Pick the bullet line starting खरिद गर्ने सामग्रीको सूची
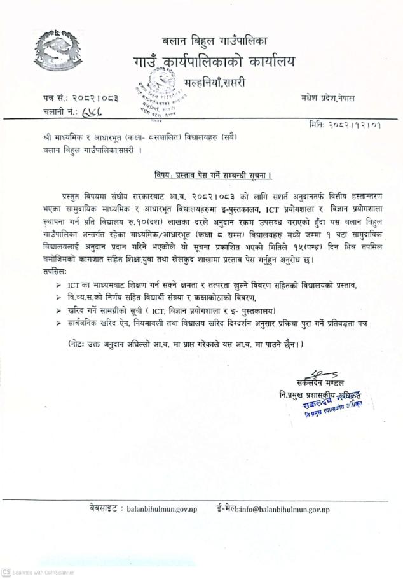point(179,310)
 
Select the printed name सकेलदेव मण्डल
point(320,383)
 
